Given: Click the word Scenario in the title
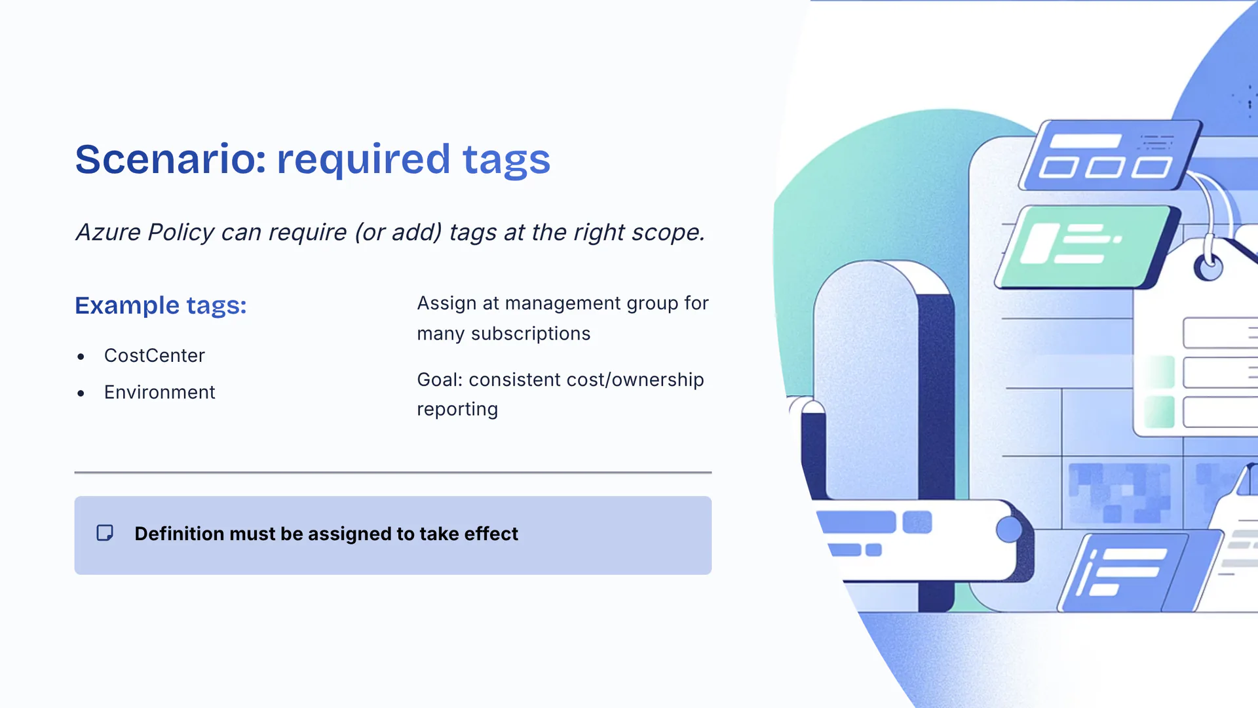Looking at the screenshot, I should (170, 159).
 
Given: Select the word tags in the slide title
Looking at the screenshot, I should (506, 159).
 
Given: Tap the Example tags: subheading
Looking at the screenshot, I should (161, 305).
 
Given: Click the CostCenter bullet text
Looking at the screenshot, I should (154, 355).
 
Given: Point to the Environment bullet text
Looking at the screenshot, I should (159, 392).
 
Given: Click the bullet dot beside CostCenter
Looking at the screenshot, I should (81, 357).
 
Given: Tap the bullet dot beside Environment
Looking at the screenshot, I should (81, 393).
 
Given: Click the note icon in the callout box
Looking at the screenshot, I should (105, 533).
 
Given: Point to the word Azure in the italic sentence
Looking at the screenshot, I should (108, 232).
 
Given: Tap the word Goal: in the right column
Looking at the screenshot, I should (440, 380).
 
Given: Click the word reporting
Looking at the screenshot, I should (457, 409).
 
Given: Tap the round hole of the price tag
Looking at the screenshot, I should (1208, 267).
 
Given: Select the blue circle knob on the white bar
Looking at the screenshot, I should (1009, 530).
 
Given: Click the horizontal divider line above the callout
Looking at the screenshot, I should (393, 472).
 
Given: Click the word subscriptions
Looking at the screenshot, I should (531, 334).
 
